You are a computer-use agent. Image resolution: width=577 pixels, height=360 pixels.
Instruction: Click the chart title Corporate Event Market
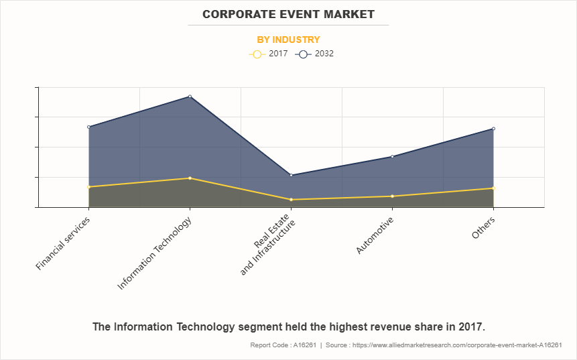click(x=288, y=14)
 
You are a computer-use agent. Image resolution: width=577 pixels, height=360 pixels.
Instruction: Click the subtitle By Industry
click(x=288, y=40)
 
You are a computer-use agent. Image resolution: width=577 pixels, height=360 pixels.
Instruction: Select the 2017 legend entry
click(x=268, y=54)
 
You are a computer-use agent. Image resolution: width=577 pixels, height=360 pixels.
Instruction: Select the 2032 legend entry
click(x=314, y=54)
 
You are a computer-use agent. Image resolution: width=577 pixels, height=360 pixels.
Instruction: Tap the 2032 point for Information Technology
click(x=190, y=97)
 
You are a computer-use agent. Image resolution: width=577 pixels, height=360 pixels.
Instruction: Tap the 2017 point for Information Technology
click(x=190, y=178)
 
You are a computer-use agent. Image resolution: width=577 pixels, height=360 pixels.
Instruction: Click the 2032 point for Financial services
click(x=89, y=127)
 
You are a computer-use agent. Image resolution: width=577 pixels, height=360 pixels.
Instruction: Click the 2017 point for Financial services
click(x=89, y=187)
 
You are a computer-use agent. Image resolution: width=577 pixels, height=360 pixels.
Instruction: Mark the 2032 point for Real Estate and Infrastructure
click(x=291, y=175)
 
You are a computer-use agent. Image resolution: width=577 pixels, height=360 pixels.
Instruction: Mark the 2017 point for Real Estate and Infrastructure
click(x=291, y=200)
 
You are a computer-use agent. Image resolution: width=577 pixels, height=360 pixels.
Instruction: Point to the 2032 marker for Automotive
click(x=392, y=156)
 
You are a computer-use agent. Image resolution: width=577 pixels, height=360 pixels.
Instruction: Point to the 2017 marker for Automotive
click(x=392, y=196)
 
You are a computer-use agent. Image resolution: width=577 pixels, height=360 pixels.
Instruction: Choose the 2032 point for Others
click(x=493, y=129)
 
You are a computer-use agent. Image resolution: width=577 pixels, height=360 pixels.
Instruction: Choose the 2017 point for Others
click(x=493, y=188)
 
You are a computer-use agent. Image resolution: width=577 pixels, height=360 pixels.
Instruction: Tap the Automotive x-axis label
click(x=375, y=235)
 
